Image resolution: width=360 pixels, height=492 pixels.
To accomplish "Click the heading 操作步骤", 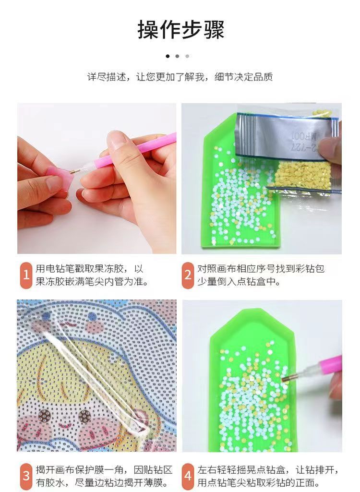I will point(180,30).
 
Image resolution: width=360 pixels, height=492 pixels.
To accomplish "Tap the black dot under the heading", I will point(168,56).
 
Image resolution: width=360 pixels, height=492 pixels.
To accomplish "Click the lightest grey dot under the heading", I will point(187,56).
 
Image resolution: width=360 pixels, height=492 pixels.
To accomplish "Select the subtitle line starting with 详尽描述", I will point(180,77).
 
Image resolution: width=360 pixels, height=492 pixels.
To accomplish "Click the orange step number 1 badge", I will point(26,275).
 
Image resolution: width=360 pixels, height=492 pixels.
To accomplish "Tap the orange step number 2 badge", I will point(188,275).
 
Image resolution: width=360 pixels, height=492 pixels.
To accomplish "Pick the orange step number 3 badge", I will point(26,476).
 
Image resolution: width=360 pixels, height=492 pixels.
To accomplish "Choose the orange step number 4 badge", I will point(188,476).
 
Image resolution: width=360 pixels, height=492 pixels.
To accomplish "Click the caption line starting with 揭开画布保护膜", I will point(103,469).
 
